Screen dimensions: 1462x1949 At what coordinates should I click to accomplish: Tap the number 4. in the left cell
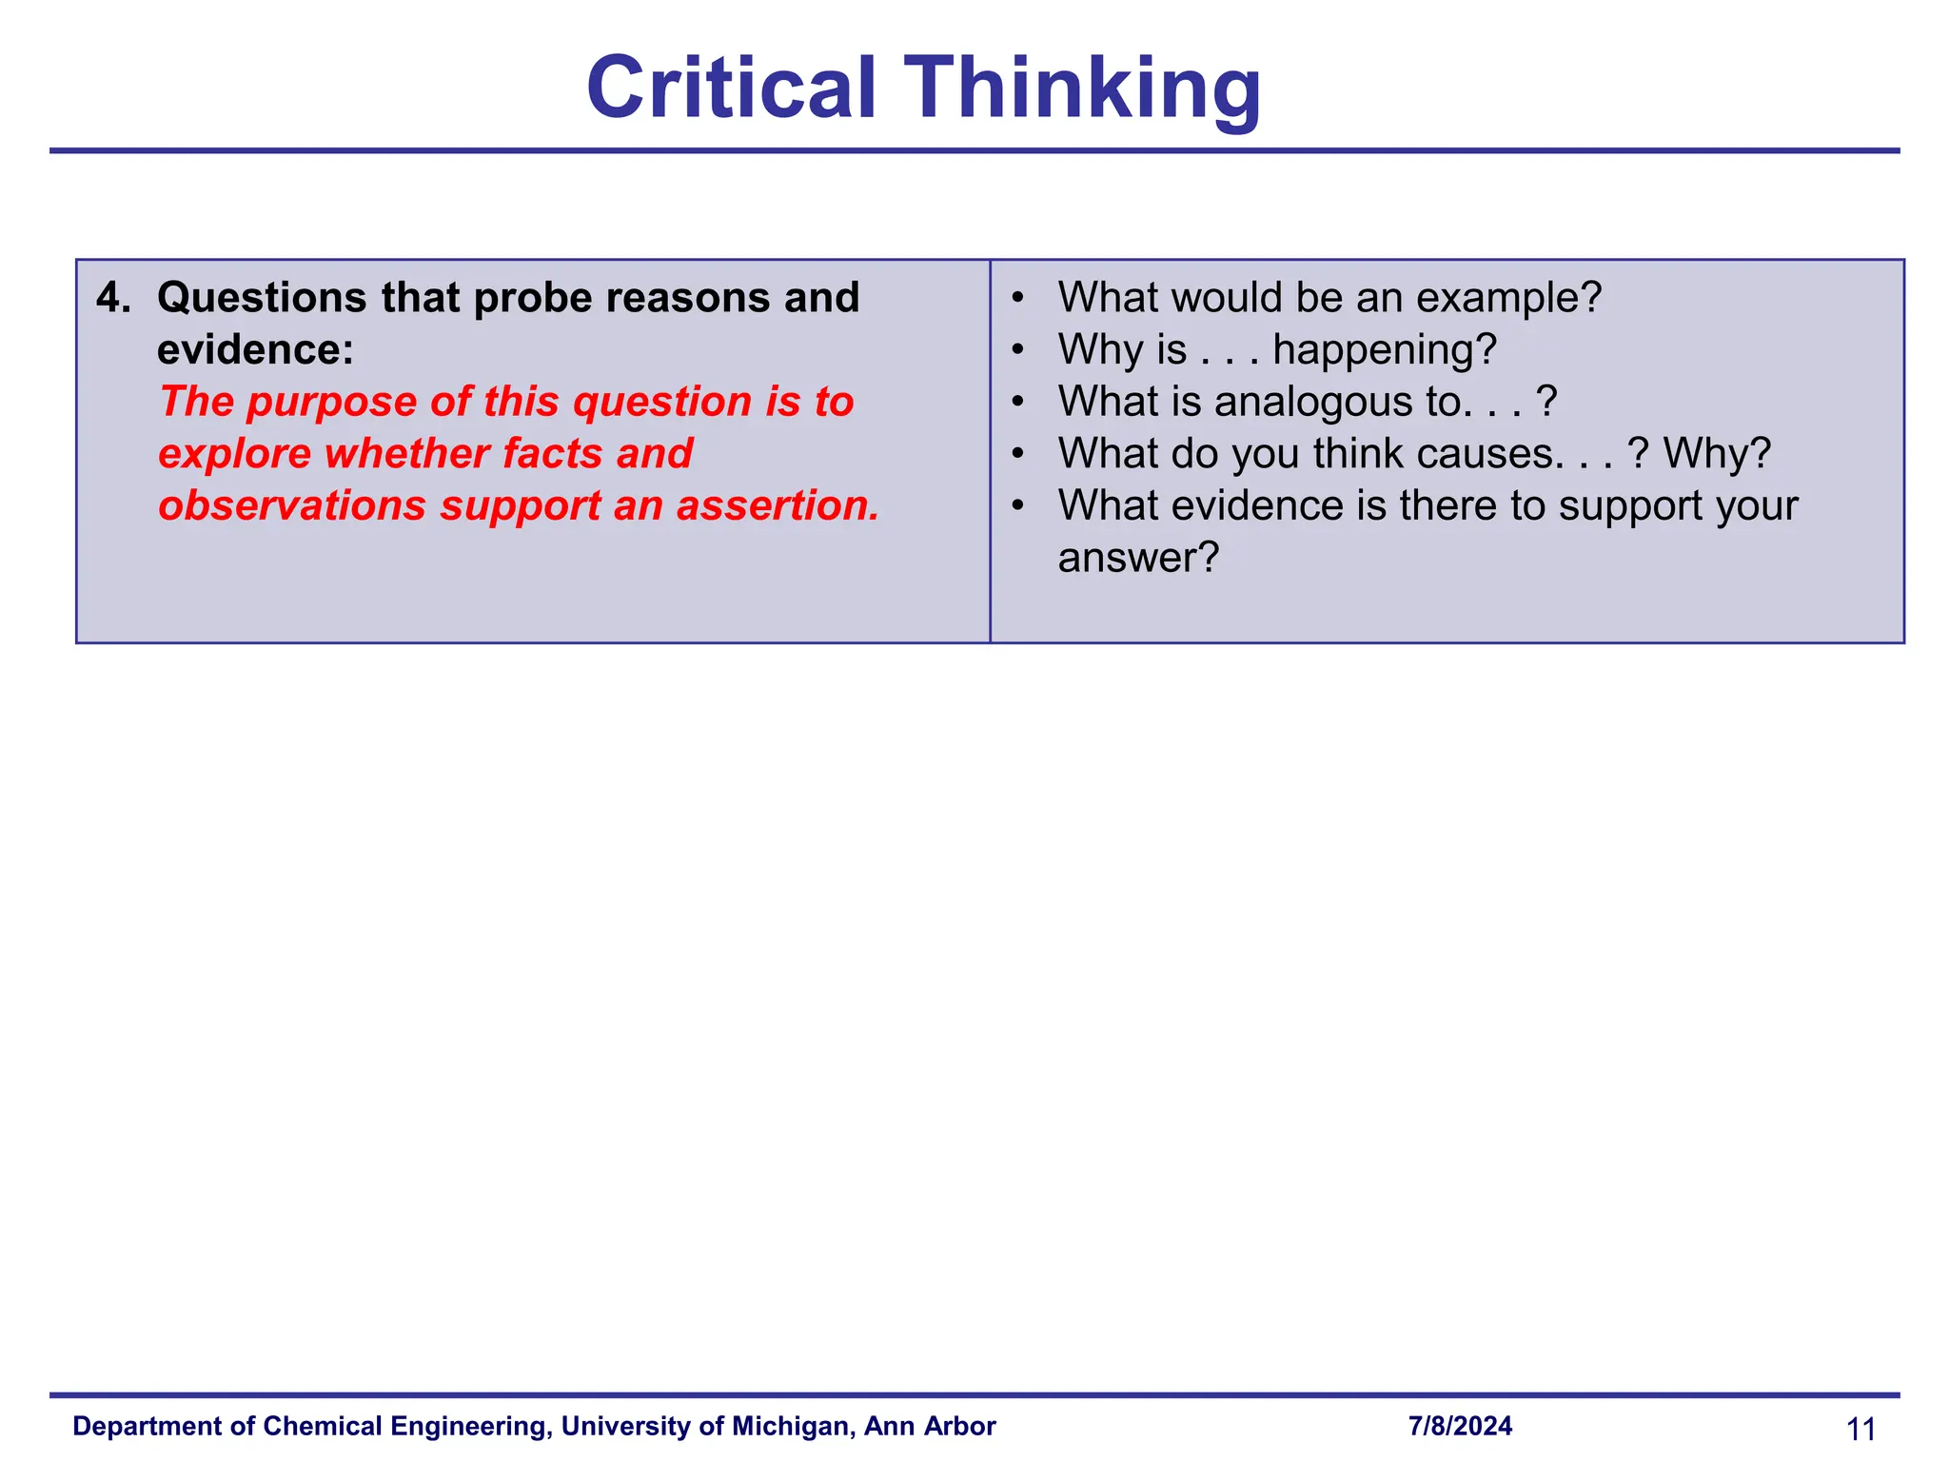[x=114, y=298]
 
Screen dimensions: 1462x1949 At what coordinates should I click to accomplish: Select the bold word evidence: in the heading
[x=255, y=349]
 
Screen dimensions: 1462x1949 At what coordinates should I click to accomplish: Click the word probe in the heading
[x=533, y=298]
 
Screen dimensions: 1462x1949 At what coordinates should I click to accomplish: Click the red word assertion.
[x=778, y=505]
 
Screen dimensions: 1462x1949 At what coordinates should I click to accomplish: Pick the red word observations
[x=292, y=505]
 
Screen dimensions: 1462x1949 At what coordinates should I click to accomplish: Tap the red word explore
[x=234, y=454]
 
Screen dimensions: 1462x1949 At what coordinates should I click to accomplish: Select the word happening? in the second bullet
[x=1385, y=349]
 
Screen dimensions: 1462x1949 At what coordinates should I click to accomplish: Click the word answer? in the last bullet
[x=1138, y=558]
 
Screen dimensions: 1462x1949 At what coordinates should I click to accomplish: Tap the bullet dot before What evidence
[x=1018, y=504]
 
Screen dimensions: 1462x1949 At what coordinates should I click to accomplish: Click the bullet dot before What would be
[x=1018, y=297]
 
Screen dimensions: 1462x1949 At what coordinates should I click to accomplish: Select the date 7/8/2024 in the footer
[x=1460, y=1426]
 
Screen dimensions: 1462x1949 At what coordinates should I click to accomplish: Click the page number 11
[x=1860, y=1429]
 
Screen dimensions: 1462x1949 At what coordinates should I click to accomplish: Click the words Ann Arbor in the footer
[x=930, y=1426]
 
